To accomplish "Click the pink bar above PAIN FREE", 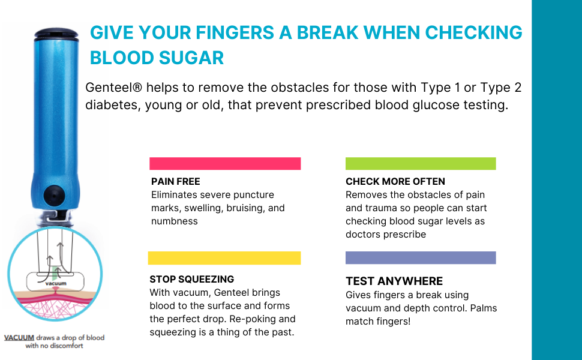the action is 225,164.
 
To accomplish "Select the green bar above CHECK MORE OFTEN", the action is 421,164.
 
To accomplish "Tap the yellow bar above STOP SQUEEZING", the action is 224,258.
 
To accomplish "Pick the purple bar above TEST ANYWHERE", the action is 421,257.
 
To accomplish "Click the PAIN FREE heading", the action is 176,181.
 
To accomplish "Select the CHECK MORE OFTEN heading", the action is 395,181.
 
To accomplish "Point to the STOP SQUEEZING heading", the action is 192,279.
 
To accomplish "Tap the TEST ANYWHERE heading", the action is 394,281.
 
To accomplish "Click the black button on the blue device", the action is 54,196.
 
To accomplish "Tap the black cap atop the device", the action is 56,34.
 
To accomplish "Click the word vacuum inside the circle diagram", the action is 56,284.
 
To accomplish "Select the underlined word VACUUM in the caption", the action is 19,338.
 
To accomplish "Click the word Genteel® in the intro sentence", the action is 113,88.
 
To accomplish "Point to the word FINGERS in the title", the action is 235,32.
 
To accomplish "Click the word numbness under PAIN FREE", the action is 175,221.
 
